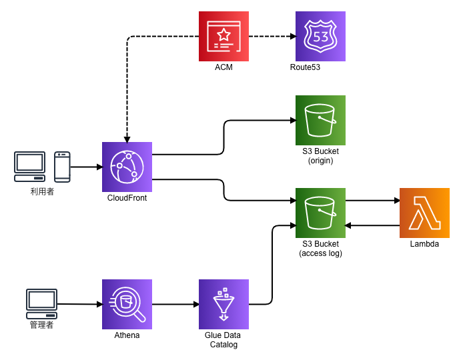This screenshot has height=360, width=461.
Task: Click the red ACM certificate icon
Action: click(223, 36)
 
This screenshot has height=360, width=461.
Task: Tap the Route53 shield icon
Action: click(320, 36)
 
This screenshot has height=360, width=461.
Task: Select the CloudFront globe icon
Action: click(127, 167)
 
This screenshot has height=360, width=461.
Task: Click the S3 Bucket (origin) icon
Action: click(320, 120)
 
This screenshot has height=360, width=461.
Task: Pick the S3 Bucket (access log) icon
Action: click(320, 213)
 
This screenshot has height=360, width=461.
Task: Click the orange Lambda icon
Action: click(424, 213)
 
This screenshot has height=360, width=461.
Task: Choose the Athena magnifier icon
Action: click(127, 304)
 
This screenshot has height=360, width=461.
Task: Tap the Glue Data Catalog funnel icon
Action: click(223, 304)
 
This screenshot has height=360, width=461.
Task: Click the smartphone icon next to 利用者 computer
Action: click(62, 167)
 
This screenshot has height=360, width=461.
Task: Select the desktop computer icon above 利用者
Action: click(30, 166)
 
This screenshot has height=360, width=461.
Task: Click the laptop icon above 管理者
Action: click(41, 304)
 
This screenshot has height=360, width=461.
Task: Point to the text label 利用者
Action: click(42, 191)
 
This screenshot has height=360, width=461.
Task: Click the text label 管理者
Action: click(41, 325)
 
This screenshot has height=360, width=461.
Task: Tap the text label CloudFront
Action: click(127, 198)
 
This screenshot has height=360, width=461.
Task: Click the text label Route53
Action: click(305, 67)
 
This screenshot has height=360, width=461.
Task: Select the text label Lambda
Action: click(424, 244)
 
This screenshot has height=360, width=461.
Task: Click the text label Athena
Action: click(127, 335)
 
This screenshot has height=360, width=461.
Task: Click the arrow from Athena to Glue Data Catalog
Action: click(175, 304)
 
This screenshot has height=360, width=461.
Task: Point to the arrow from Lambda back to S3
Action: click(372, 225)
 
